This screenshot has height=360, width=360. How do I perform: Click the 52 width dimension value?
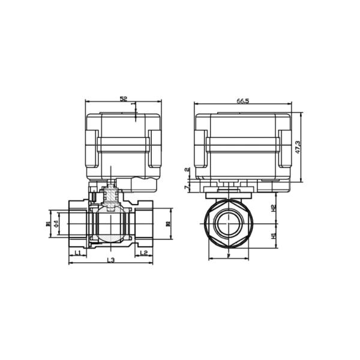(124, 98)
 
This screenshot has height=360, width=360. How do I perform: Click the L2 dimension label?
(143, 254)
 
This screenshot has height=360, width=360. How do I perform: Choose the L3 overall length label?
(110, 260)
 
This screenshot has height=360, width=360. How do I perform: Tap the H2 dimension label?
(273, 208)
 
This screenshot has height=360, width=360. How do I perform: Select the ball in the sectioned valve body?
(110, 227)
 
